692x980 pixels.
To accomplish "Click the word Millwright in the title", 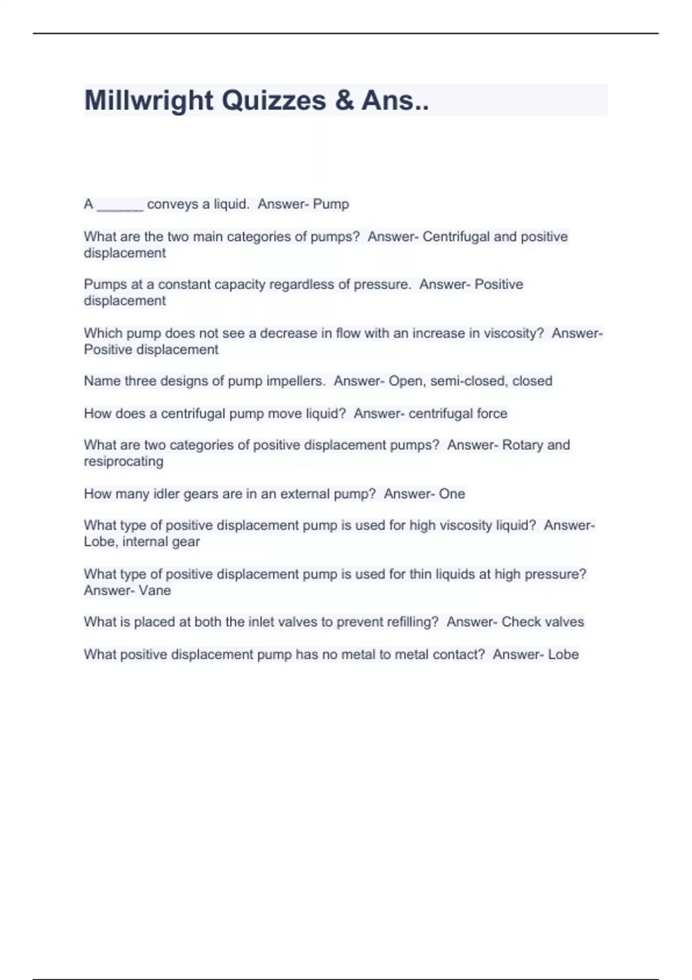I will coord(148,100).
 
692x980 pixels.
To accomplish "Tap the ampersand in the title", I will coord(344,100).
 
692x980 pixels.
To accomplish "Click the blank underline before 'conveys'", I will coord(120,205).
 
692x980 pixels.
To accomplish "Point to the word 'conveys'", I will coord(172,204).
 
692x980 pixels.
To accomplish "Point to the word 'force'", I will coord(491,413).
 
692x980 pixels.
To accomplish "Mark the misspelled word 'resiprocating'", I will coord(123,461).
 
